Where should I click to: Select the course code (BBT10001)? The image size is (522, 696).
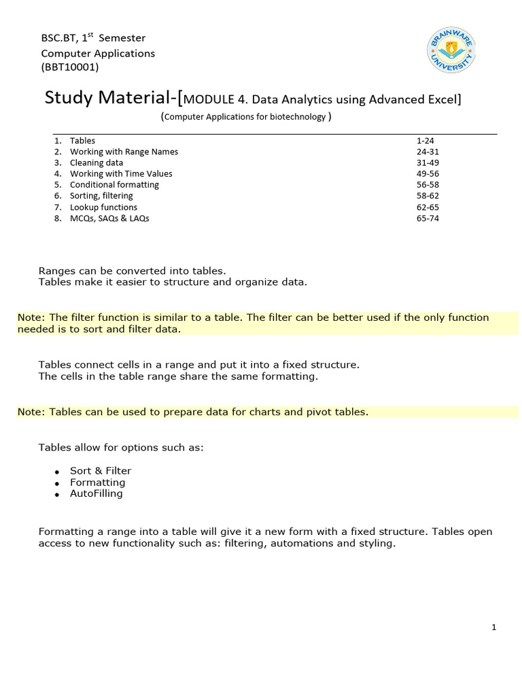tap(70, 67)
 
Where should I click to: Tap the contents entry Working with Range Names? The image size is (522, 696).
tap(124, 152)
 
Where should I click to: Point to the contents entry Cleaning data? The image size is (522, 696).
tap(97, 163)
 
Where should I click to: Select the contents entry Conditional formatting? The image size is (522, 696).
tap(114, 185)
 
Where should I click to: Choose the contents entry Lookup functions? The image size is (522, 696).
tap(103, 207)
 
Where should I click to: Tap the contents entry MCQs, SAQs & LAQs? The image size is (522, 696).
tap(109, 219)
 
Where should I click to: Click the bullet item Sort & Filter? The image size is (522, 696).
tap(101, 471)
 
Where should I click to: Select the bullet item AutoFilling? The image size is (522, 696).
tap(97, 493)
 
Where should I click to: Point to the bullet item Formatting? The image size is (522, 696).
tap(98, 483)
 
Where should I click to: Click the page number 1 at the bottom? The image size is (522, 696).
tap(494, 627)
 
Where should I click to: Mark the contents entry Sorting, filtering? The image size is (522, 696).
tap(101, 196)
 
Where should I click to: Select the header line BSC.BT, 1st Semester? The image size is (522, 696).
tap(93, 38)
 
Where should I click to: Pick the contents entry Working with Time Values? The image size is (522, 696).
tap(121, 174)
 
